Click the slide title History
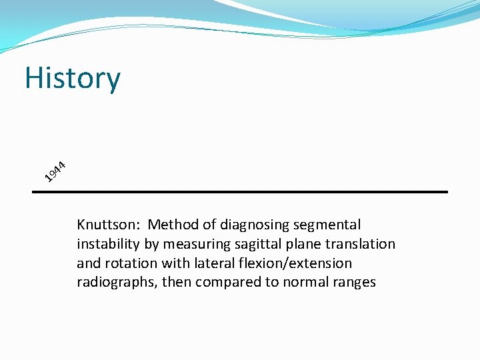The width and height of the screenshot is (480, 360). click(x=73, y=78)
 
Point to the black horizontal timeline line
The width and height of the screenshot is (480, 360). click(x=240, y=192)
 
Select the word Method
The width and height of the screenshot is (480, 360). click(x=171, y=225)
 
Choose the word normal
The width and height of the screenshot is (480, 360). click(x=298, y=283)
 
